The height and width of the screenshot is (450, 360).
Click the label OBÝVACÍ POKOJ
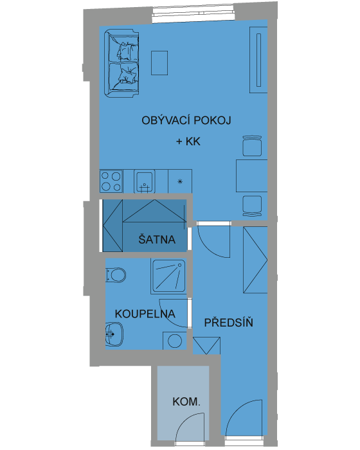186,120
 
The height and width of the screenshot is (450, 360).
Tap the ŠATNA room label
157,239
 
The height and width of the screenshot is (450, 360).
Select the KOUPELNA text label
145,314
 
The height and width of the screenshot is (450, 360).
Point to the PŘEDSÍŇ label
228,322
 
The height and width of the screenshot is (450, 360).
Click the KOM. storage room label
186,402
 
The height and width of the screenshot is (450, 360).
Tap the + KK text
188,141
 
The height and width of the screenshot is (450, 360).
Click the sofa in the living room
122,64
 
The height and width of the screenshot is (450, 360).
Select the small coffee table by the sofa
159,63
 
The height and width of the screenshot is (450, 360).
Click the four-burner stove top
111,181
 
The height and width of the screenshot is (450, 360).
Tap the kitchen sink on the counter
145,182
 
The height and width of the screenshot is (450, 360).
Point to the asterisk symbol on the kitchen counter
180,181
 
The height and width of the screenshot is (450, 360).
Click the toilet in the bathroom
116,275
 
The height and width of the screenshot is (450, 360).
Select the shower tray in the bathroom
168,276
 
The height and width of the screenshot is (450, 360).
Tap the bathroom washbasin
114,334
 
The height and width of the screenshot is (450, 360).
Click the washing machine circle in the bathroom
175,341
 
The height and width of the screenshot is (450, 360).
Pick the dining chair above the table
252,146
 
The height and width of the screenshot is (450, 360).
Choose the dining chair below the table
252,206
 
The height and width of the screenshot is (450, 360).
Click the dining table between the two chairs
252,176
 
